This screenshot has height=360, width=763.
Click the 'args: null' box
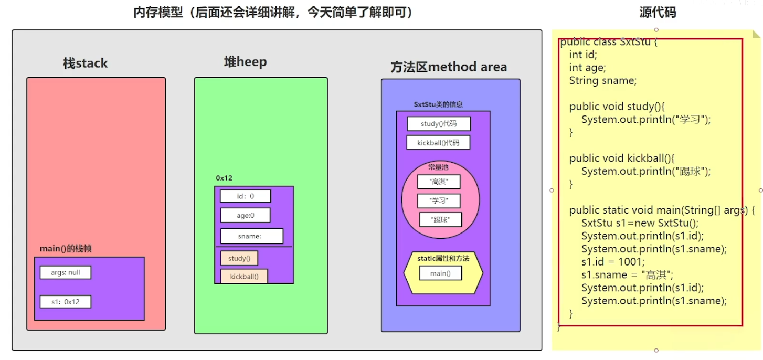[x=65, y=272]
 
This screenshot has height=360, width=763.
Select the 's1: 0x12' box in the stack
[x=65, y=302]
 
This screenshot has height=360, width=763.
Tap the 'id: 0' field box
[x=245, y=196]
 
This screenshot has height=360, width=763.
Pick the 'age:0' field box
[x=245, y=215]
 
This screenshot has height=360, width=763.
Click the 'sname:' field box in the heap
[x=251, y=236]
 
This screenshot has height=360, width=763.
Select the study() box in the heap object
[x=239, y=258]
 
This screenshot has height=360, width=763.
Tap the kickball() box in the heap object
[x=244, y=276]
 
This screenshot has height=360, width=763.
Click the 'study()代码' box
[x=439, y=124]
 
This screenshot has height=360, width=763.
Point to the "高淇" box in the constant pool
[x=439, y=182]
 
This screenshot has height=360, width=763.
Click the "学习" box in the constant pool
[x=439, y=201]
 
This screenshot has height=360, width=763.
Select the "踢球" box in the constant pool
[x=441, y=219]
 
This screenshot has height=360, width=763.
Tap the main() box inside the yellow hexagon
[x=440, y=273]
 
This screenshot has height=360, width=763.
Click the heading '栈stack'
[x=86, y=63]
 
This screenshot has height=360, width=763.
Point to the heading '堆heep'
[x=245, y=62]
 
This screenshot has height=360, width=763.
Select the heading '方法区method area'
[x=449, y=67]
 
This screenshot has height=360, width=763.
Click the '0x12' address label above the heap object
[x=224, y=178]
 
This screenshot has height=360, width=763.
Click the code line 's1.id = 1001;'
[x=613, y=262]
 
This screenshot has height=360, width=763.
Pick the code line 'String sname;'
[x=602, y=80]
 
